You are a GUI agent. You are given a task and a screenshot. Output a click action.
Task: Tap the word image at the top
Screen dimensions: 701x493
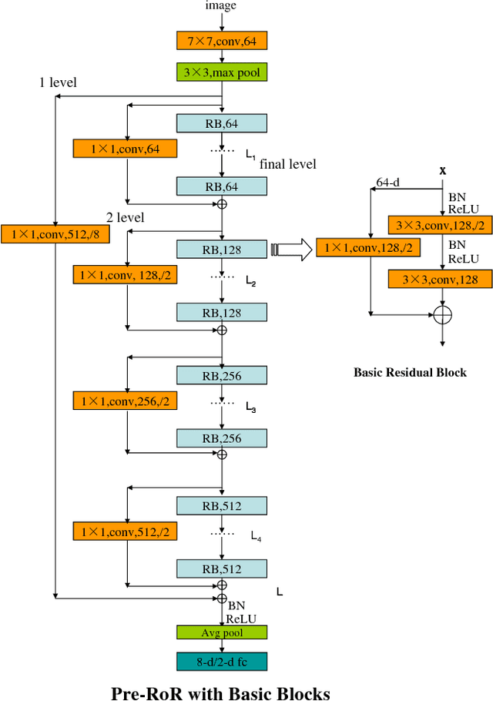tap(221, 6)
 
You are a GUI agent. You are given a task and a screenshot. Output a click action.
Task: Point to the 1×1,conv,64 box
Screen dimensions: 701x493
tap(125, 148)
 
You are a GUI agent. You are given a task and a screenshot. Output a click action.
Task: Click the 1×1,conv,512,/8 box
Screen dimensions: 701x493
tap(55, 233)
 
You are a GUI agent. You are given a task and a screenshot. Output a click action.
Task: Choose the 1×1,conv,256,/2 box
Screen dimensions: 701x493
tap(125, 401)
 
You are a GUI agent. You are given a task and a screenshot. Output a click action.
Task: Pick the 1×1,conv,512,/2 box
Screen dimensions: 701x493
tap(125, 531)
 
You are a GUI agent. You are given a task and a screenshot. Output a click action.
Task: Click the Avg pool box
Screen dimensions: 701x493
tap(221, 632)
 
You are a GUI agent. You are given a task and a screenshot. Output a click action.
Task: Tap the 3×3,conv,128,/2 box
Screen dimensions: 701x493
tap(438, 224)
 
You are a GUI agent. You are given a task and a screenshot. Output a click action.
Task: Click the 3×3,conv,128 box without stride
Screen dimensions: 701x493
tap(438, 278)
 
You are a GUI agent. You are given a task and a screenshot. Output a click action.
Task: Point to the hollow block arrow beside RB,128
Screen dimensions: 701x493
tap(291, 249)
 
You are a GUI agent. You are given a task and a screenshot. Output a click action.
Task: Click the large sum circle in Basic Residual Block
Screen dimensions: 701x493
tap(442, 314)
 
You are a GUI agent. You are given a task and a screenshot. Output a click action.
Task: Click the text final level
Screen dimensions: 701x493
tap(287, 163)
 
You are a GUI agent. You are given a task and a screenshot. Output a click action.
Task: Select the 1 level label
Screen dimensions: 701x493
tap(58, 82)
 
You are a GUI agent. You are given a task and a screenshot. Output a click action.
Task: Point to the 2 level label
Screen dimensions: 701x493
tap(126, 217)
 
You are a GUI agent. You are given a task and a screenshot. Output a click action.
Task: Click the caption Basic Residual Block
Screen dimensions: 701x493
tap(410, 372)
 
